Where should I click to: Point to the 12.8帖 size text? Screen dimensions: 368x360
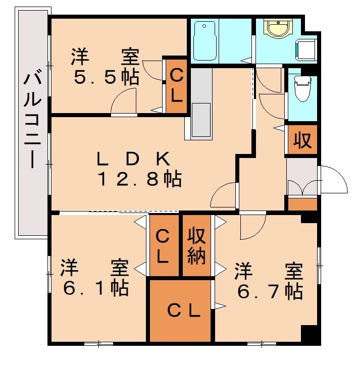pyautogui.click(x=139, y=179)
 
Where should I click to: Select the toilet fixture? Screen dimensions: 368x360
pyautogui.click(x=302, y=88)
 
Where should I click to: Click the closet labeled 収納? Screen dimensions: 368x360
pyautogui.click(x=196, y=245)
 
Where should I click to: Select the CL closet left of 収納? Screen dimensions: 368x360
pyautogui.click(x=163, y=246)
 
